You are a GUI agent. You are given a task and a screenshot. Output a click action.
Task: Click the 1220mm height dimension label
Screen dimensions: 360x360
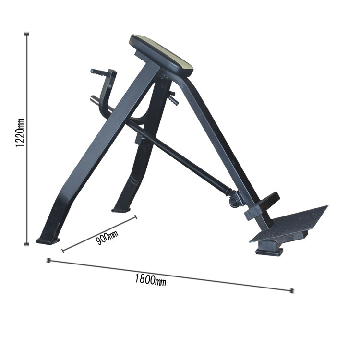tap(20, 132)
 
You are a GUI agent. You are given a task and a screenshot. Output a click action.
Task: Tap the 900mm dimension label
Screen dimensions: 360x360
tap(107, 238)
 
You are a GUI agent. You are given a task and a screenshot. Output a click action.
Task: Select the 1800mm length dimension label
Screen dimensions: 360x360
tap(150, 280)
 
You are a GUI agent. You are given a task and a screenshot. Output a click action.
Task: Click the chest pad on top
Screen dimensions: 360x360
tap(161, 55)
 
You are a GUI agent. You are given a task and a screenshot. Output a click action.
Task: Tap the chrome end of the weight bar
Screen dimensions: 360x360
tap(95, 100)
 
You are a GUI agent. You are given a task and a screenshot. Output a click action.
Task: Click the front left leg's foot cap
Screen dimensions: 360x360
tap(48, 241)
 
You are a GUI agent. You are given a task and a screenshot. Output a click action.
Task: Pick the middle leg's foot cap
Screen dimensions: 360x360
tap(121, 210)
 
